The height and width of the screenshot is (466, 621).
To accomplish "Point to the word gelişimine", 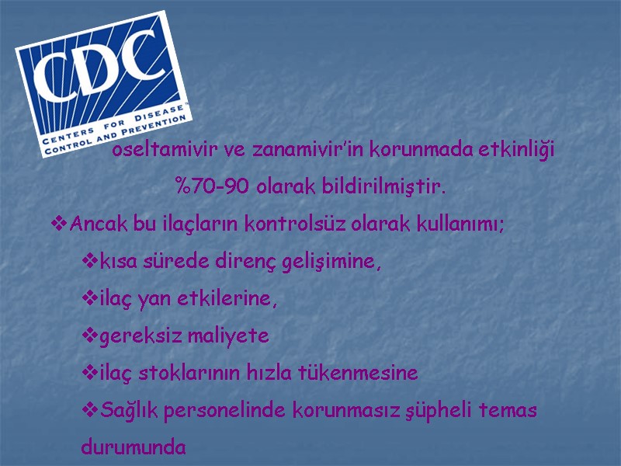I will (329, 262).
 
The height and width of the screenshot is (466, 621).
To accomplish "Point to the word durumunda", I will (134, 448).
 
